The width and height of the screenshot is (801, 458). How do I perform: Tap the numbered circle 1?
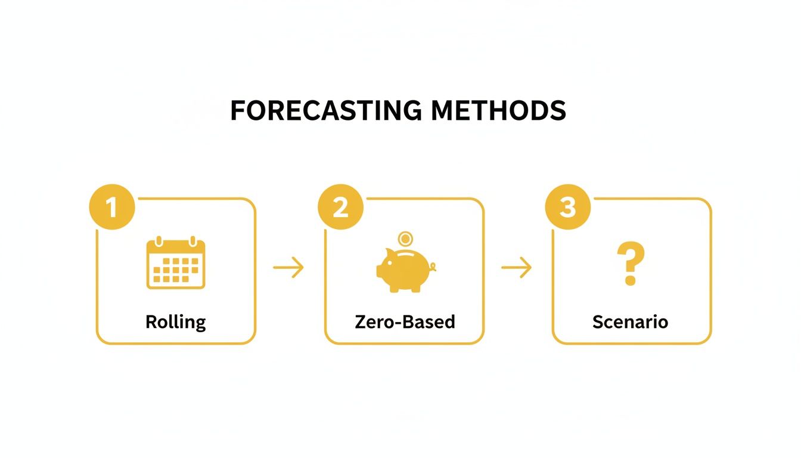point(112,208)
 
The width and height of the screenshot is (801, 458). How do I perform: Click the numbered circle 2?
point(340,208)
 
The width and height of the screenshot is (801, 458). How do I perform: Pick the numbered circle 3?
point(568,208)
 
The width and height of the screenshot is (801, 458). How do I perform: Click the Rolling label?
point(176,322)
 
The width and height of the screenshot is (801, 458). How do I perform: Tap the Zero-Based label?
point(405,322)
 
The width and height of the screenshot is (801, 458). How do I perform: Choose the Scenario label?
point(631,322)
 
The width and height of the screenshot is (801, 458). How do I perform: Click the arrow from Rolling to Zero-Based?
point(288,268)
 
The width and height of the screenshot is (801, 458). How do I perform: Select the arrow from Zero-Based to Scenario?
point(516,268)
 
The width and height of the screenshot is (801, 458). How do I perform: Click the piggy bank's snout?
point(380,271)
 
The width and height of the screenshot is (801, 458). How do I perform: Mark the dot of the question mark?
point(629,280)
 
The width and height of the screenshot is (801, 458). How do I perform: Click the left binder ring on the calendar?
point(159,241)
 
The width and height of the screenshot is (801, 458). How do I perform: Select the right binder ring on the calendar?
point(193,241)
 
